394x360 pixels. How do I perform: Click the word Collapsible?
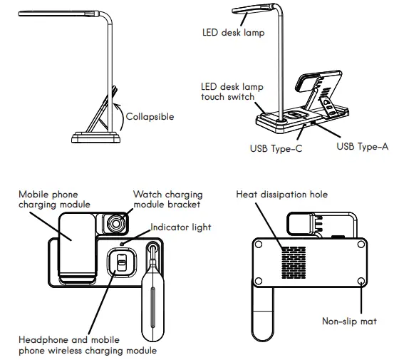click(x=149, y=116)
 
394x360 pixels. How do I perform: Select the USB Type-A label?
click(x=362, y=146)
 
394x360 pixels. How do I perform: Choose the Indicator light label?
click(x=181, y=227)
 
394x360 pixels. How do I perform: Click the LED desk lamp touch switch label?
click(x=232, y=91)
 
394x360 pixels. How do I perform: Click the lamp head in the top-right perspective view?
click(x=254, y=10)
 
